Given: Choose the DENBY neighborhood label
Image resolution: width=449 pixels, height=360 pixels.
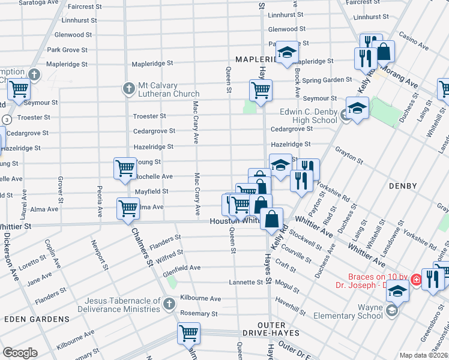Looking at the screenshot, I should click(x=403, y=186).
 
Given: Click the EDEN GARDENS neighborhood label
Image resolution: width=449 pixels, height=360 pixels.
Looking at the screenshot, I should click(x=37, y=319).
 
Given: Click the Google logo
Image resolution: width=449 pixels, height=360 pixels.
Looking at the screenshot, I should click(x=20, y=353).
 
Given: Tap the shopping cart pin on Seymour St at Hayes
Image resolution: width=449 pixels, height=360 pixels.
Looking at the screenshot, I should click(x=261, y=91).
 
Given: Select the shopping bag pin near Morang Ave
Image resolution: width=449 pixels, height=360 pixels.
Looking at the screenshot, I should click(x=383, y=52).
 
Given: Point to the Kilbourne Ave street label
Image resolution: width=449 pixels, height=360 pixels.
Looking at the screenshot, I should click(x=203, y=298).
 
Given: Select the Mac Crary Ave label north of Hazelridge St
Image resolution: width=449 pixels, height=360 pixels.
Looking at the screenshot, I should click(x=196, y=122).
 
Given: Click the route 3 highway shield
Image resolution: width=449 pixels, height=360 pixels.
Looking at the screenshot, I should click(x=5, y=119).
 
